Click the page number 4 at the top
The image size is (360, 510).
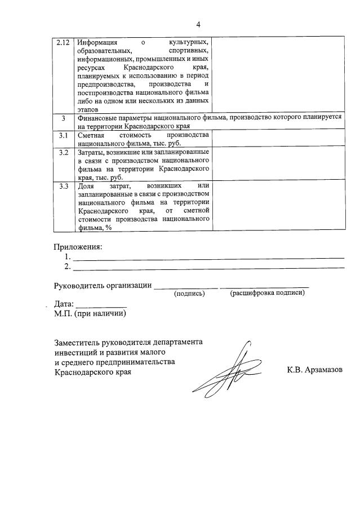(x=198, y=24)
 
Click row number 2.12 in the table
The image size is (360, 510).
(x=64, y=43)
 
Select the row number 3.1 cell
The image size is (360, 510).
(x=64, y=135)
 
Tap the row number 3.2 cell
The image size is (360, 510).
(x=64, y=153)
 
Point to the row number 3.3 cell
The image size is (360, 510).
(x=64, y=185)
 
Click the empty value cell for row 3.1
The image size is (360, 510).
(x=279, y=139)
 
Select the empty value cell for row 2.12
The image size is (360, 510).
(x=279, y=75)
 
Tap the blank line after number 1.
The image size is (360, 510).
(x=208, y=257)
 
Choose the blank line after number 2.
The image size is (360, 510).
(x=208, y=267)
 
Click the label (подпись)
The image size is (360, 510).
(x=189, y=294)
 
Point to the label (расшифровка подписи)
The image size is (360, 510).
(x=267, y=293)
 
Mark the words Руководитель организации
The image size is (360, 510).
(x=103, y=285)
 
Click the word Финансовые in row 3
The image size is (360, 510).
(x=99, y=117)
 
